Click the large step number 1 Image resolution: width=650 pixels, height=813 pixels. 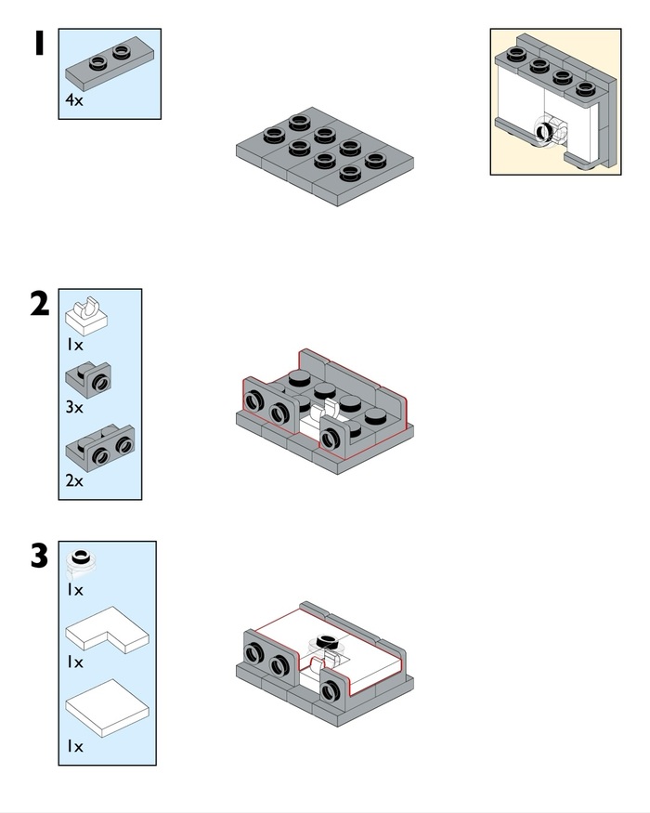(x=39, y=43)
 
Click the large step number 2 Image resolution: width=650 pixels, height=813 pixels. (x=39, y=303)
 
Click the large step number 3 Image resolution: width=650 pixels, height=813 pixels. (x=39, y=557)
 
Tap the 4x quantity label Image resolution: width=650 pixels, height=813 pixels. (x=74, y=99)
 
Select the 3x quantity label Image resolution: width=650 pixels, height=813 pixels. (x=74, y=407)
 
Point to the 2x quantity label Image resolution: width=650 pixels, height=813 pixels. (x=74, y=481)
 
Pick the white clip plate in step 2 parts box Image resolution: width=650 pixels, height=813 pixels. (x=87, y=316)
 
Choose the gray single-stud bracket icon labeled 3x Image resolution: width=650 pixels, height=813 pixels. (x=90, y=378)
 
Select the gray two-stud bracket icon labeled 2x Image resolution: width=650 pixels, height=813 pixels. (x=100, y=452)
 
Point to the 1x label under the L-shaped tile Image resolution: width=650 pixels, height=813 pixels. (x=74, y=662)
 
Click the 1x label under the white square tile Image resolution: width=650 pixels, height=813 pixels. (x=74, y=746)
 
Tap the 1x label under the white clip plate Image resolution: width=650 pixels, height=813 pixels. (x=74, y=345)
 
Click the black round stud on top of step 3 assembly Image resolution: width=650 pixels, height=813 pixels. (x=326, y=640)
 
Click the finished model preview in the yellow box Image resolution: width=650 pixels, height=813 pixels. (x=555, y=102)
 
